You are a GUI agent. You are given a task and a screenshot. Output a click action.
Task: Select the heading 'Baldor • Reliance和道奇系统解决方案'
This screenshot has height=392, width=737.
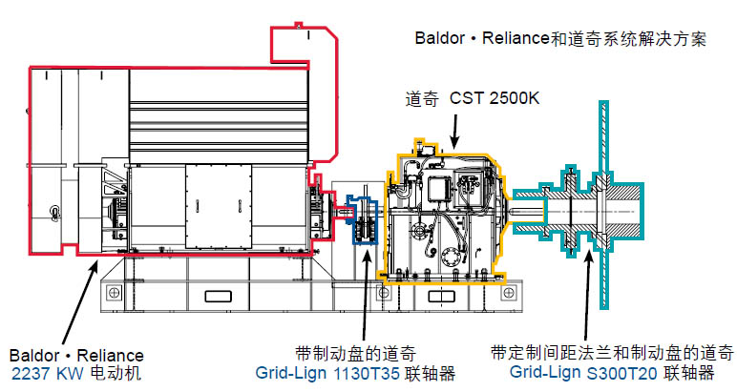coord(560,40)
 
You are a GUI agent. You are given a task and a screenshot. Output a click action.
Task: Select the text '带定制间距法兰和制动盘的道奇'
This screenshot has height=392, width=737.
coord(612,351)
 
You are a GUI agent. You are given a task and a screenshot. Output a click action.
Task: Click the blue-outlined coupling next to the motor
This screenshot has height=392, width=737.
coord(362,220)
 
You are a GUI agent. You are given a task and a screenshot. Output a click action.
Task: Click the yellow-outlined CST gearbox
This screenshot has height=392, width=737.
coord(444,215)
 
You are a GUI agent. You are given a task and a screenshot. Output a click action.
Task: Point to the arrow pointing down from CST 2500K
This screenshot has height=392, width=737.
coord(454,129)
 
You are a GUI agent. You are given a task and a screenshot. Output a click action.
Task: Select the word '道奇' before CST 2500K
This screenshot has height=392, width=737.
coord(423,97)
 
